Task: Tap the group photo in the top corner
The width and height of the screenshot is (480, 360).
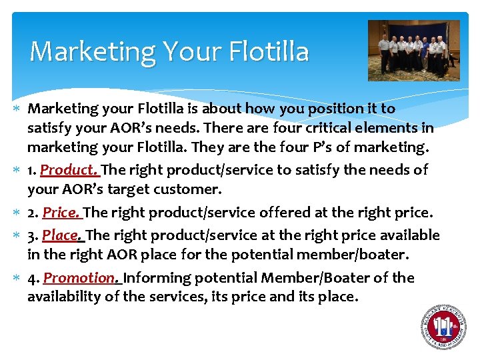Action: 413,50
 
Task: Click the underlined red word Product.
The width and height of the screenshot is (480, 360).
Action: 69,170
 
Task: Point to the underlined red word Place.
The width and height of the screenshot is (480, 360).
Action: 63,235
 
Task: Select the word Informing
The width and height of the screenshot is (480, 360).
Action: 157,277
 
